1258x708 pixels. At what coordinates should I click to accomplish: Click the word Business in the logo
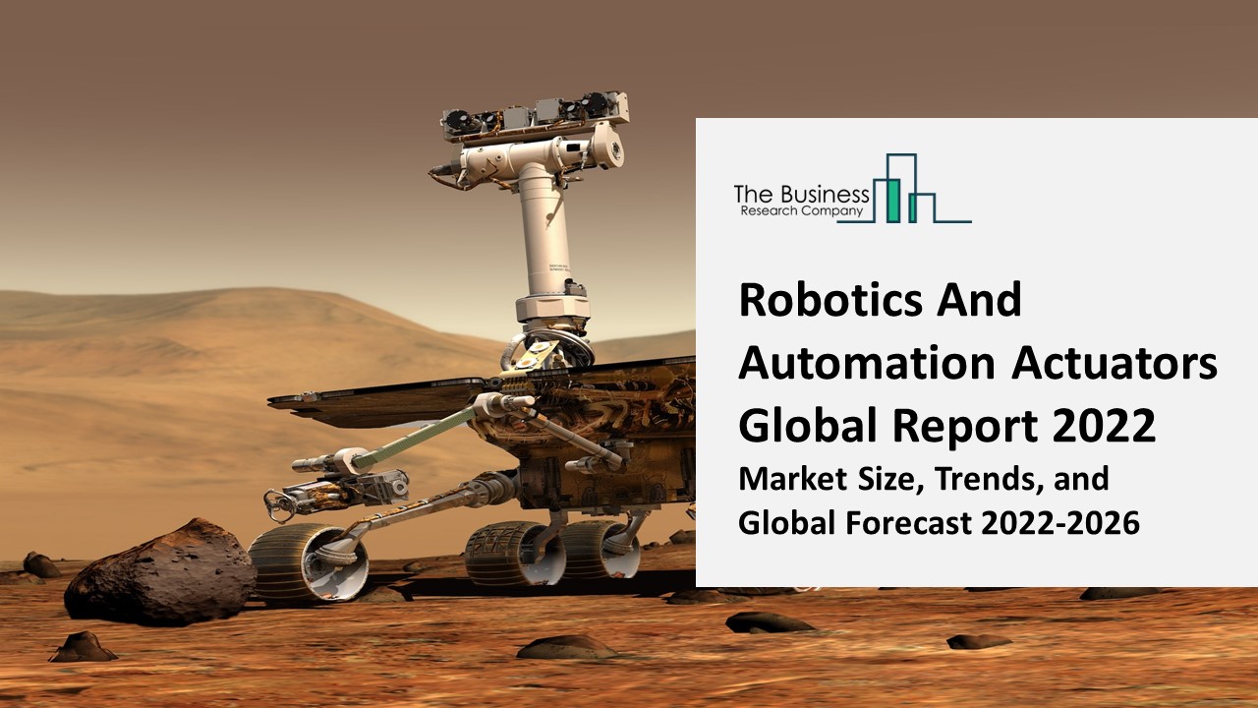pyautogui.click(x=823, y=195)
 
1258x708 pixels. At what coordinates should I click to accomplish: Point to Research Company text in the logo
pyautogui.click(x=800, y=210)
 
